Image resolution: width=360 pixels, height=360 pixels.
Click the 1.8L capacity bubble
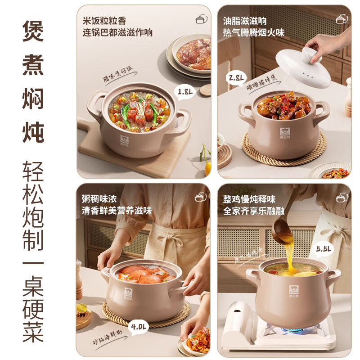pyautogui.click(x=185, y=93)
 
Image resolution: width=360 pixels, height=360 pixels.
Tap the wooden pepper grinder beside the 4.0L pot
pyautogui.click(x=79, y=279)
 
